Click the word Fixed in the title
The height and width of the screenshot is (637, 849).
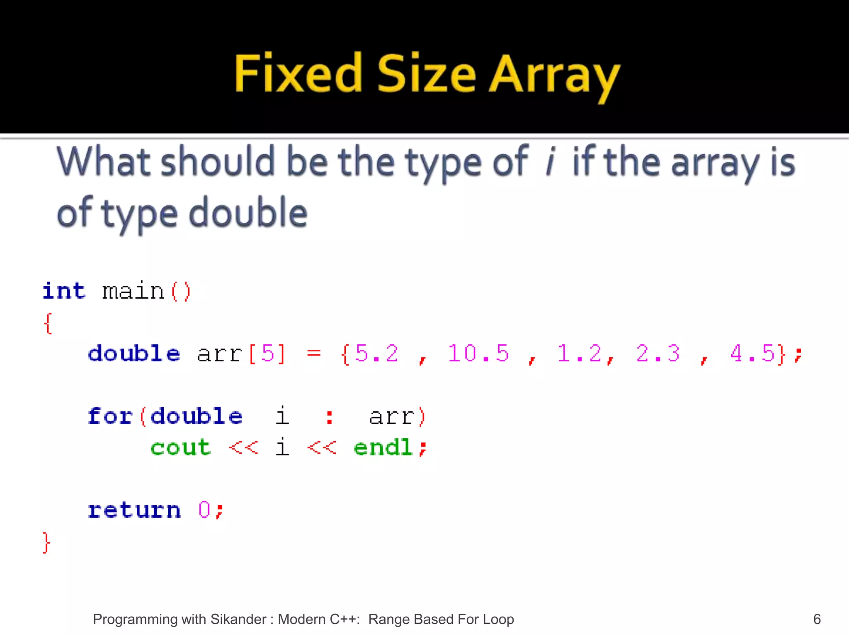pos(298,73)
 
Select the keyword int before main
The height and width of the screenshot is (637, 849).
pos(64,291)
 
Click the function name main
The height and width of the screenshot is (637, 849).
pos(133,291)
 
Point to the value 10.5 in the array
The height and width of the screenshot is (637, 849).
pos(478,354)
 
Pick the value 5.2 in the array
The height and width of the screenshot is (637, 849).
pos(376,354)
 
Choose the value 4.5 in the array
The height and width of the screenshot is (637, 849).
pos(752,354)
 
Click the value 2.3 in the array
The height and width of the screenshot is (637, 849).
pos(658,354)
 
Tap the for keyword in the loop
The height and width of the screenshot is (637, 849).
pos(110,416)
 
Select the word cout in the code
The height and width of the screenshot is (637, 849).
pos(180,447)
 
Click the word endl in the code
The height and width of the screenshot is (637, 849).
pos(383,447)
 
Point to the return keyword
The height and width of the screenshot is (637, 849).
pos(134,510)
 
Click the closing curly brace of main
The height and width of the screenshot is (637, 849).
pos(46,542)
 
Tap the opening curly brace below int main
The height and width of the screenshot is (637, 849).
pos(48,323)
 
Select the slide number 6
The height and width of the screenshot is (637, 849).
pos(817,619)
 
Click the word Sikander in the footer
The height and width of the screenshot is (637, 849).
pos(238,619)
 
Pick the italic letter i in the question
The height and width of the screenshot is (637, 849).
pos(550,162)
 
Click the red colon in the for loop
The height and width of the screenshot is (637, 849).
pos(330,417)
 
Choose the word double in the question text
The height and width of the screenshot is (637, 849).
pos(248,213)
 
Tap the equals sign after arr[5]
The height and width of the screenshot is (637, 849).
pos(314,354)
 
